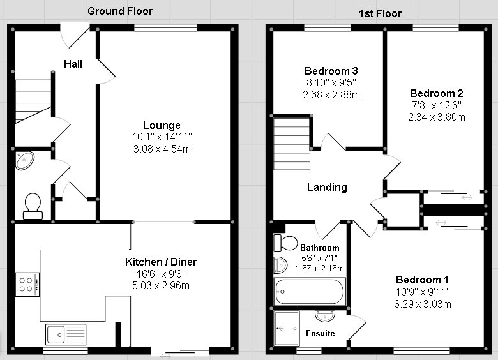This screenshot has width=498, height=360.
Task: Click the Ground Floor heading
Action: (120, 11)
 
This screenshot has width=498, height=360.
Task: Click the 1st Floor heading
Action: (380, 13)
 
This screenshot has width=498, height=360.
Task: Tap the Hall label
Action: (73, 64)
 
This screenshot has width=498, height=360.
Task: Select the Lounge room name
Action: (162, 125)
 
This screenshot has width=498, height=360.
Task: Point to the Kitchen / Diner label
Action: (161, 262)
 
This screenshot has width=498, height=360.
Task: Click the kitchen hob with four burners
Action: (27, 285)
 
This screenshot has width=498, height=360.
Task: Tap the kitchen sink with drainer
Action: (66, 334)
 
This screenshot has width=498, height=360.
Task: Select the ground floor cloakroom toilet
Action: (33, 206)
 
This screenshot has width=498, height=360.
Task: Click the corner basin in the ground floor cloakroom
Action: (25, 161)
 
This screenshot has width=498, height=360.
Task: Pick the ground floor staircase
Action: (33, 101)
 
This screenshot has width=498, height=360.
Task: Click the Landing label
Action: (327, 187)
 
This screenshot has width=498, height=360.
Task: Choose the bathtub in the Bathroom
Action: (310, 292)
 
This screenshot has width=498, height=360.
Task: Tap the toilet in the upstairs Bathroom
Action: (285, 243)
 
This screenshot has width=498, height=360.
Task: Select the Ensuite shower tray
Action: (287, 328)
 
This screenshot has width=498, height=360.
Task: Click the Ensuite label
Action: (320, 333)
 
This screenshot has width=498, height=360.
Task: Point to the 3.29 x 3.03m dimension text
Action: (423, 304)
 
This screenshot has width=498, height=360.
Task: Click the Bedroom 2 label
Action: (436, 93)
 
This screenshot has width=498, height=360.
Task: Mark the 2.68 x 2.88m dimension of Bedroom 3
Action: (331, 94)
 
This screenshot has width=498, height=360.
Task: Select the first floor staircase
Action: (292, 144)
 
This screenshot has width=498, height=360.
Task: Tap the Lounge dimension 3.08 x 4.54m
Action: (162, 149)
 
